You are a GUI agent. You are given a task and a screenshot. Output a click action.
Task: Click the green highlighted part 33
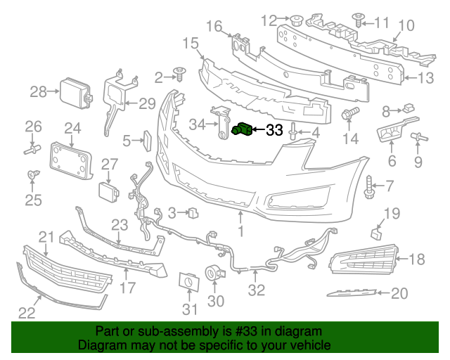point(243,129)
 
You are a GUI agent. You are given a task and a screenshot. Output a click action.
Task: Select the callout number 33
point(274,130)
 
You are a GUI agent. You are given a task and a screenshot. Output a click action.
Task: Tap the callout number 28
point(38,91)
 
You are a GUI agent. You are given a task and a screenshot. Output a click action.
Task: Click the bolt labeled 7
point(368,186)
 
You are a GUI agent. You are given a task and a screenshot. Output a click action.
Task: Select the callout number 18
point(417,259)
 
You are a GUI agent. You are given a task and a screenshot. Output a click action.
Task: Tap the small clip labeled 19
point(375,233)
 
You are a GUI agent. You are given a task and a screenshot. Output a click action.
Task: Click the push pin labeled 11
point(358,21)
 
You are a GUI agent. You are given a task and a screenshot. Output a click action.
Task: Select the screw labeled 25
point(31,173)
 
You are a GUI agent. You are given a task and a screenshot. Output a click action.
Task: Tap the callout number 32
point(256,289)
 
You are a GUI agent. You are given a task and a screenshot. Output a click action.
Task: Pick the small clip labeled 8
point(408,109)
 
